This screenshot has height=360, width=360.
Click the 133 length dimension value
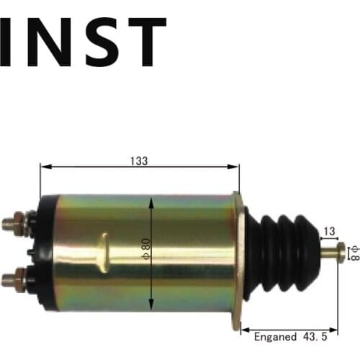pyautogui.click(x=140, y=161)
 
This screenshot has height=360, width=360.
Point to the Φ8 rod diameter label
pyautogui.click(x=353, y=252)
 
